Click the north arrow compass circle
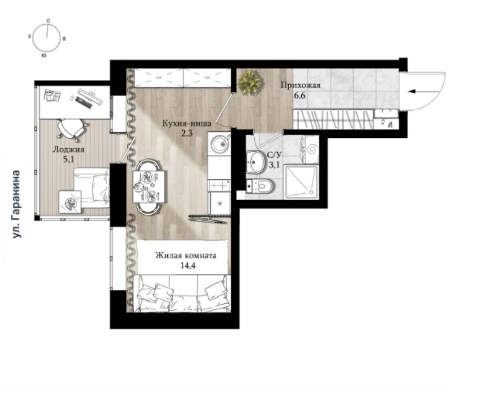click(x=34, y=38)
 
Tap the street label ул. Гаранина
click(x=16, y=204)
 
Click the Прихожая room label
click(x=300, y=85)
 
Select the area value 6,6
click(x=299, y=96)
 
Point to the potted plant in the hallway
click(x=251, y=82)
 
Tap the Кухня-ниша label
click(x=187, y=124)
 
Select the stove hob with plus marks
click(x=219, y=186)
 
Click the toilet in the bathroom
click(x=261, y=186)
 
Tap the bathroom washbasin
click(x=255, y=161)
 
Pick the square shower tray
click(x=301, y=181)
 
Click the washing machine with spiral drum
click(x=310, y=149)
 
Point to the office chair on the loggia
click(x=72, y=128)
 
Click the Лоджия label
click(x=68, y=149)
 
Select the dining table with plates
click(x=149, y=186)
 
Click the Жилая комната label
click(x=185, y=255)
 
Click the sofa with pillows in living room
click(x=183, y=293)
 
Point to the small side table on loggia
click(x=70, y=202)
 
